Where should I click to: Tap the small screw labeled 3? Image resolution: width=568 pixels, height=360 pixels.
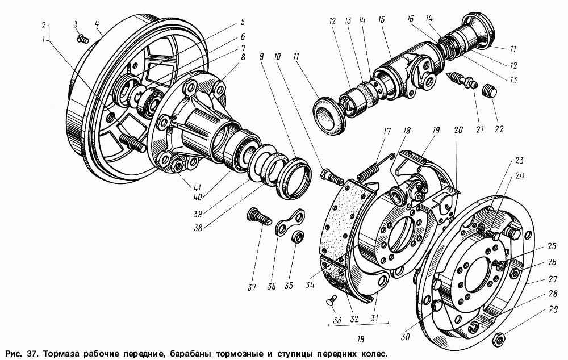83,38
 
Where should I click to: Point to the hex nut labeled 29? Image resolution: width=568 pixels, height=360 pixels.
498,340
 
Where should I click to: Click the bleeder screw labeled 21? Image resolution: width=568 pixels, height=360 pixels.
463,81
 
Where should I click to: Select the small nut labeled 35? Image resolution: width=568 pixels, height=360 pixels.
298,237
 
